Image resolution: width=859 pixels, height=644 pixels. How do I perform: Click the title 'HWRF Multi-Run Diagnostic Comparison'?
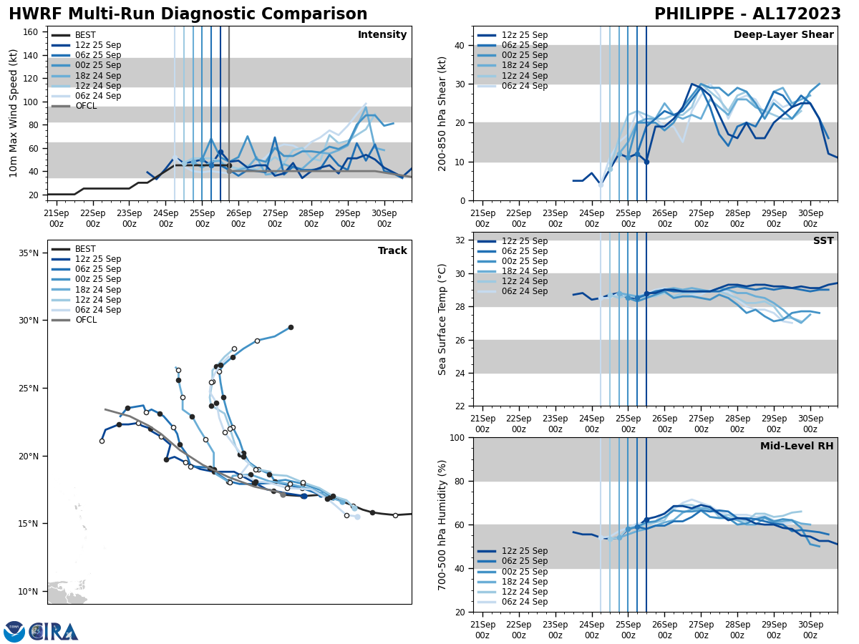(188, 14)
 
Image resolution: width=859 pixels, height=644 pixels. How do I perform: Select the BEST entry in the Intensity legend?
(85, 35)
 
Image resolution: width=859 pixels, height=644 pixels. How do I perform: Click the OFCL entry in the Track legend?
(85, 320)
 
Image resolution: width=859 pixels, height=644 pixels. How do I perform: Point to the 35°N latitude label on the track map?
(29, 253)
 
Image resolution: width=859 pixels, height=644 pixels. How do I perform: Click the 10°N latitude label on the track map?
(29, 592)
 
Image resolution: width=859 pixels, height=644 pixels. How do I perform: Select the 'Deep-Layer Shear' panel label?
(783, 35)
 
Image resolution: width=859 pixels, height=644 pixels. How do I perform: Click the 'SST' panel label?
(823, 241)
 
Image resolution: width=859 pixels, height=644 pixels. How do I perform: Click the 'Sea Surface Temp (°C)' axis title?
(442, 319)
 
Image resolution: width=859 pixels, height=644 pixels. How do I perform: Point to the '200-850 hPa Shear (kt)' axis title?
(442, 113)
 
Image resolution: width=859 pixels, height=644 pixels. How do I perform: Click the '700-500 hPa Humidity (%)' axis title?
(442, 525)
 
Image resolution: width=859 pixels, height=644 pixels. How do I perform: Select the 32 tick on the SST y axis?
(460, 240)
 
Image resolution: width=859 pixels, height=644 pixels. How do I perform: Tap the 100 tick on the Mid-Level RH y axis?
(457, 438)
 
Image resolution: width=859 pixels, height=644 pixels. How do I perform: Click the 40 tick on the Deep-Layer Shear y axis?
(460, 46)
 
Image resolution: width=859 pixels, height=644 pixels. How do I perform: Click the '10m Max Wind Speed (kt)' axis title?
(14, 113)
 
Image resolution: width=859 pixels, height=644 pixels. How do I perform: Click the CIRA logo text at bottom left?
(53, 632)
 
